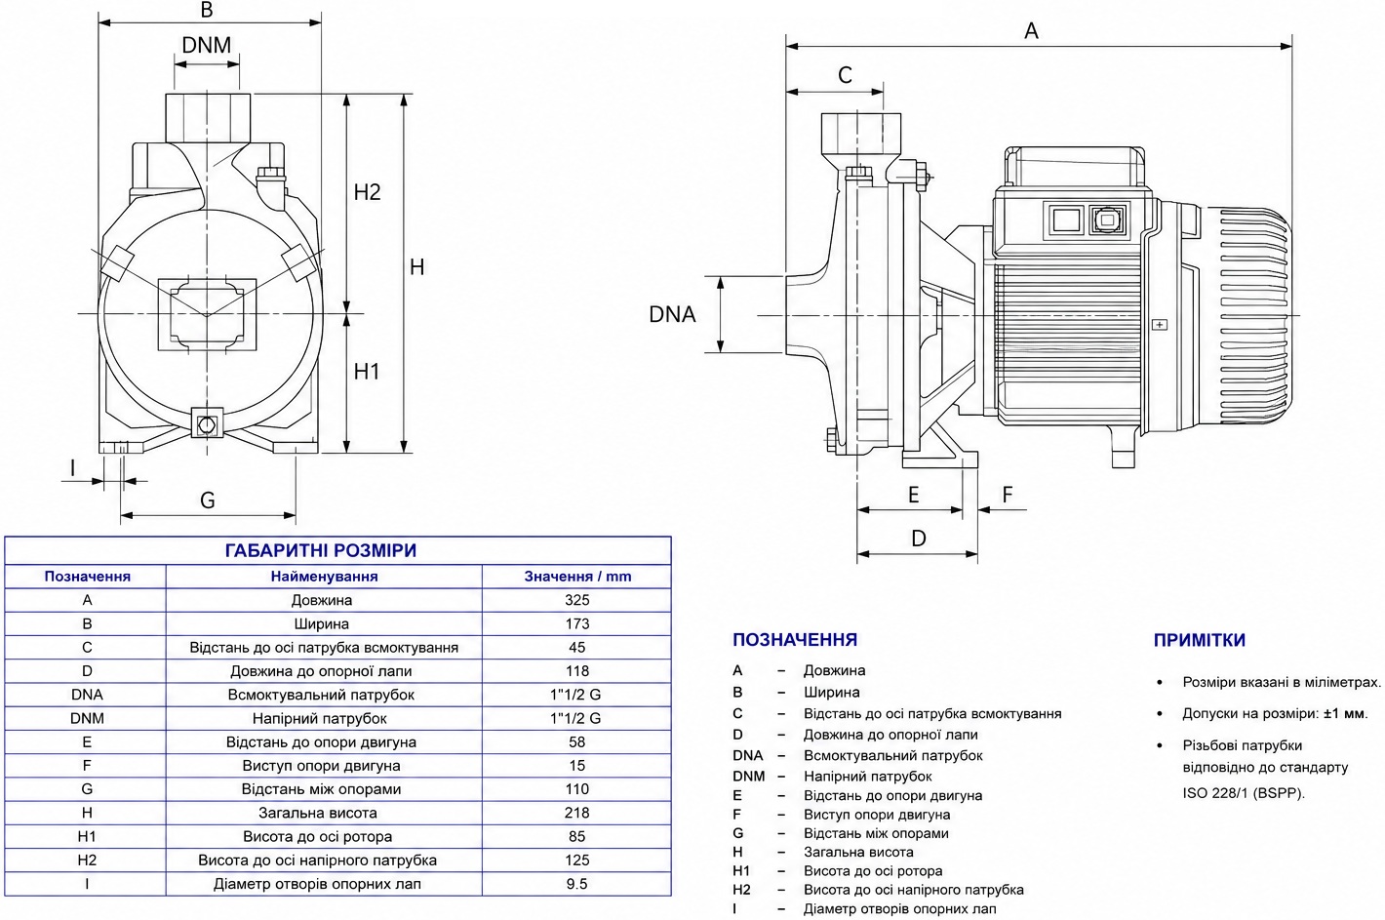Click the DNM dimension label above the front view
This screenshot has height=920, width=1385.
[207, 45]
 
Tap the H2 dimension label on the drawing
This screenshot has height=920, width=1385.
[367, 192]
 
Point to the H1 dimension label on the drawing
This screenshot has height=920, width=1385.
[366, 371]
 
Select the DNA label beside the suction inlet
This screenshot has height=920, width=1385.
[672, 314]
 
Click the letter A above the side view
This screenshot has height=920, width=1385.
[1031, 30]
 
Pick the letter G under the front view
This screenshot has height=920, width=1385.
[208, 500]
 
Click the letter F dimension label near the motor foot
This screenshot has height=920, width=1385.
[1008, 494]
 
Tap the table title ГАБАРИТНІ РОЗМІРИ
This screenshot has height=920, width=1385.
[320, 550]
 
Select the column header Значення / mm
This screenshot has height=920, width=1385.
[577, 577]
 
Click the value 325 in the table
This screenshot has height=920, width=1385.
[576, 600]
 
